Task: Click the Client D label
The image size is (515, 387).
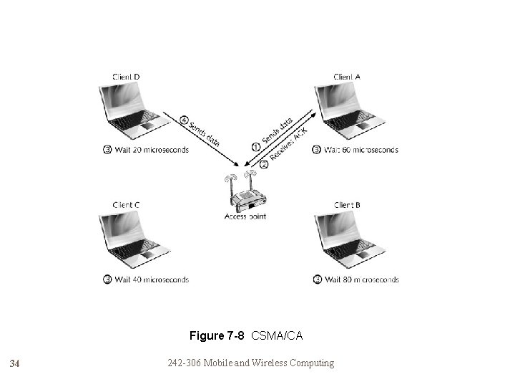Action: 126,76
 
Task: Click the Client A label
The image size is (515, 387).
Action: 347,76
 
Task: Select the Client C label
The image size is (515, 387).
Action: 126,205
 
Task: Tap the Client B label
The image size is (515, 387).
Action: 347,205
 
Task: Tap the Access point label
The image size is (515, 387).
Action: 245,216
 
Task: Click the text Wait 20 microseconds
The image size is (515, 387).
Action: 151,150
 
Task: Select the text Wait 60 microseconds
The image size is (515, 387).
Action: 360,150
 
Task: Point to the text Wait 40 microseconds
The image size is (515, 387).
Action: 151,279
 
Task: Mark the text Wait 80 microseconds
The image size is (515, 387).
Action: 361,279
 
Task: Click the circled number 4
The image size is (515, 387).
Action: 184,120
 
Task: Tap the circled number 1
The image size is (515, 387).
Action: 255,146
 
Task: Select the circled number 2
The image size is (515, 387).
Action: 264,164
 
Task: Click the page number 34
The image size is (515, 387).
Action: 15,364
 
